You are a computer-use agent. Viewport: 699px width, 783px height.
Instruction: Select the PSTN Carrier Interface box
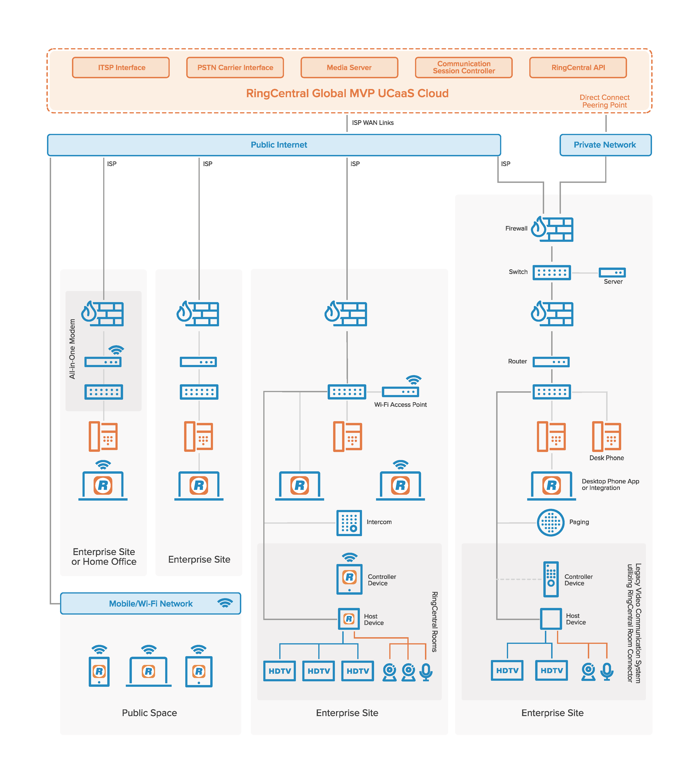point(235,68)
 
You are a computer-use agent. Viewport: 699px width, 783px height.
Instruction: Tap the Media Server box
point(349,68)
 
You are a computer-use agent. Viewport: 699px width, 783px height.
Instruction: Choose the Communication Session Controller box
point(464,68)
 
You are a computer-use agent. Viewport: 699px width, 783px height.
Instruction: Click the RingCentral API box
point(578,68)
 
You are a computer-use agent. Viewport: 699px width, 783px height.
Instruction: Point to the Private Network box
point(605,145)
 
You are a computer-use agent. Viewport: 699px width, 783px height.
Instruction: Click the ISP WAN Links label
point(373,123)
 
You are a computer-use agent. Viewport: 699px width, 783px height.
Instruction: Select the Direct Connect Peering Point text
point(605,101)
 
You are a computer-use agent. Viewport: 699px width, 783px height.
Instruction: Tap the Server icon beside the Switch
point(612,272)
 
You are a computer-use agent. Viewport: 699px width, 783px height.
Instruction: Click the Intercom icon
point(349,523)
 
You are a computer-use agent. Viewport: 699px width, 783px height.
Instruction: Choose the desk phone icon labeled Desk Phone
point(606,436)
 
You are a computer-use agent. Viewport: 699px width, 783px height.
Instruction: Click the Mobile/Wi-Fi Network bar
point(151,603)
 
